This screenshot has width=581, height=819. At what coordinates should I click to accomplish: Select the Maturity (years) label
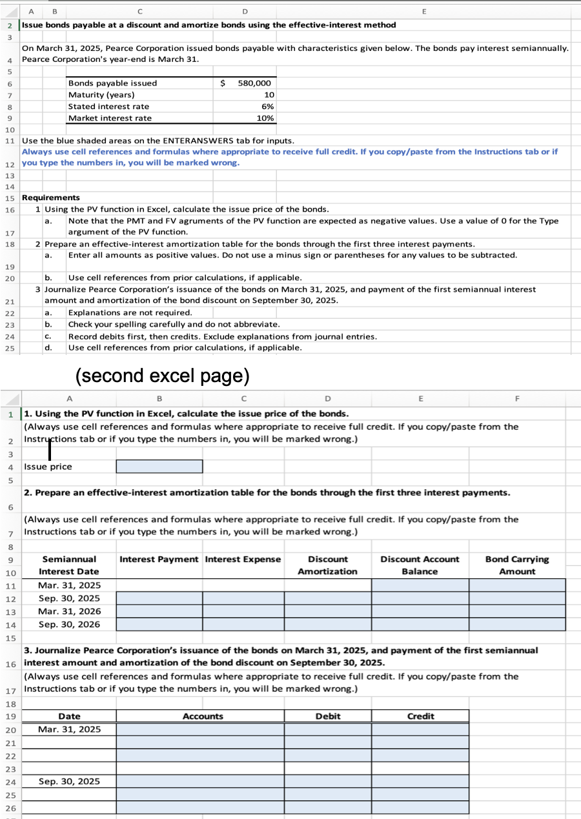[101, 95]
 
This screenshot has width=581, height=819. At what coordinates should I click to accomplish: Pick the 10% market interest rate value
[265, 118]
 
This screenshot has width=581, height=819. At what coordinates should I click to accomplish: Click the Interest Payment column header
[159, 560]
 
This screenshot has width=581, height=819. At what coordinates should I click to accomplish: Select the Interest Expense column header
[243, 560]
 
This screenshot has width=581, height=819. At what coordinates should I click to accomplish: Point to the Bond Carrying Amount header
[517, 565]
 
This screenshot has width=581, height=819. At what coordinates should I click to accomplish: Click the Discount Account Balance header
[420, 565]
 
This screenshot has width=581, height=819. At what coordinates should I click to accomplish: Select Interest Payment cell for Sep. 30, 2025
[159, 598]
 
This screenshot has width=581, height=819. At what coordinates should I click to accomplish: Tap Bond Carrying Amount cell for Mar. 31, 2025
[517, 585]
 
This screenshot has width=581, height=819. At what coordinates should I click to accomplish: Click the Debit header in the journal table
[328, 716]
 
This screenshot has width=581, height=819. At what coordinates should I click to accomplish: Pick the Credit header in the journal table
[420, 716]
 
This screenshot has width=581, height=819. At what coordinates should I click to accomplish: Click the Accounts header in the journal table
[203, 716]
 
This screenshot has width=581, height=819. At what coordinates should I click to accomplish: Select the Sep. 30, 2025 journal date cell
[69, 782]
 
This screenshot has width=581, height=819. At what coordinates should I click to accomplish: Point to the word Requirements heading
[51, 197]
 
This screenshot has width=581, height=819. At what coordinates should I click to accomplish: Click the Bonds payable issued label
[112, 83]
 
